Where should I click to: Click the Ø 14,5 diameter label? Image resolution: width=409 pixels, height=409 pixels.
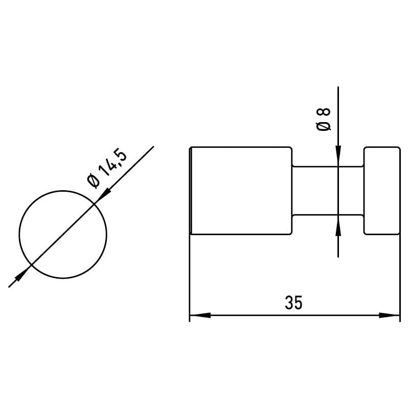coord(107,168)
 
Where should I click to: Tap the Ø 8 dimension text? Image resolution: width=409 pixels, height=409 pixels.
coord(324,119)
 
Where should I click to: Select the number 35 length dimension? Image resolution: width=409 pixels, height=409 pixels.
coord(293,303)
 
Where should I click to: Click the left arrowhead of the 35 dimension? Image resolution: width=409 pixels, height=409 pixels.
coord(200,315)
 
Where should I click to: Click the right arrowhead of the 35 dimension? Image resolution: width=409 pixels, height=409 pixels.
coord(389,315)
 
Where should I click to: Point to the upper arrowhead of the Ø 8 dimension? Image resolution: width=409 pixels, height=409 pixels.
coord(338,156)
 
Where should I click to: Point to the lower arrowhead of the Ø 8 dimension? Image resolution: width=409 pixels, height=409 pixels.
coord(338,225)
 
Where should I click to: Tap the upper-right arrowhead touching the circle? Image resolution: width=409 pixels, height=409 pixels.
coord(103,196)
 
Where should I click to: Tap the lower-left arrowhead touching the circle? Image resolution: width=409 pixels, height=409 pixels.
coord(23,273)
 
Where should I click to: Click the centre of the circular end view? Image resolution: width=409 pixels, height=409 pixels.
coord(63,235)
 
